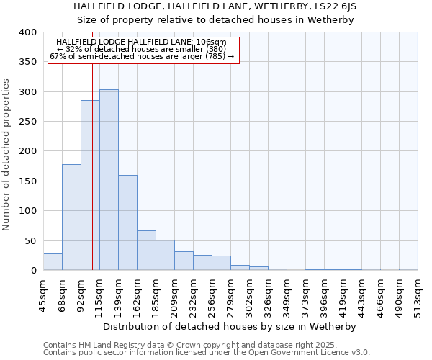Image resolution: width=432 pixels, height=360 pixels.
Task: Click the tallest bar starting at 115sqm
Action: pyautogui.click(x=109, y=180)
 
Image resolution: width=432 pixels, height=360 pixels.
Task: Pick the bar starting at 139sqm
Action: pyautogui.click(x=127, y=222)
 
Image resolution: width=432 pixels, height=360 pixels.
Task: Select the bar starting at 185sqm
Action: pyautogui.click(x=165, y=255)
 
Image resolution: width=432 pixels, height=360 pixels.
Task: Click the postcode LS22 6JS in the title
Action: pyautogui.click(x=333, y=6)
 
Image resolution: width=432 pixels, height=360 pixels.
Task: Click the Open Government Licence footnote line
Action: pyautogui.click(x=207, y=352)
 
